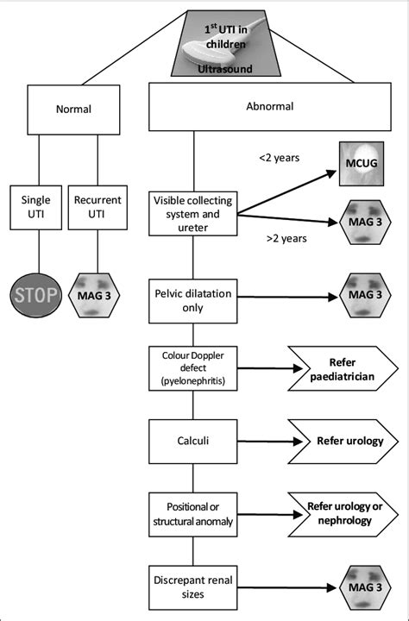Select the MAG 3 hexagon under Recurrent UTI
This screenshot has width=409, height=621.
click(98, 296)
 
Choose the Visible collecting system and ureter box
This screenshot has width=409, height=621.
click(192, 213)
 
